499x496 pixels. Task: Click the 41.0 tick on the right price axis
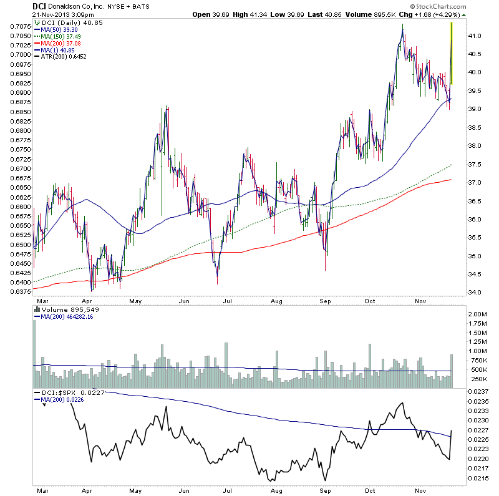[x=476, y=36]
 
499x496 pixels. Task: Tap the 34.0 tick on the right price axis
[x=476, y=293]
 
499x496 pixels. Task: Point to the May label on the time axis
[x=135, y=300]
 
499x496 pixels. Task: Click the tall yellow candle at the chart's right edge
[x=451, y=53]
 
